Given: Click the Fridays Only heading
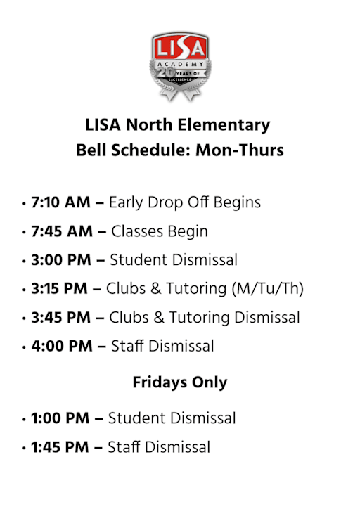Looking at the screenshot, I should [x=180, y=383].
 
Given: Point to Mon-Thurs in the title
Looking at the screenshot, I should [x=240, y=150].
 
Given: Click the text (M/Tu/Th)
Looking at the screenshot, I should [x=271, y=289].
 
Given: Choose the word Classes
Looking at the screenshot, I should [x=136, y=231].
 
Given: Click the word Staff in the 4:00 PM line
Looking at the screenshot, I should [x=126, y=347].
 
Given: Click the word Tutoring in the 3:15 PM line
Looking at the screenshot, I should [x=201, y=289].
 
